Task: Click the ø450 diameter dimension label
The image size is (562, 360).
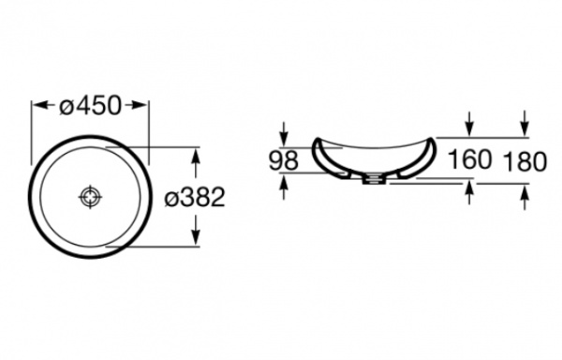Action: (90, 106)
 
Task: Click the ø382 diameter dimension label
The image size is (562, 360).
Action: (195, 197)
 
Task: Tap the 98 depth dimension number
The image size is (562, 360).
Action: (284, 160)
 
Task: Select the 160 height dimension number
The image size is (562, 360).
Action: (469, 159)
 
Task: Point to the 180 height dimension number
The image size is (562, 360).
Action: (525, 161)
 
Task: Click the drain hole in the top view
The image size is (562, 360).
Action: (90, 197)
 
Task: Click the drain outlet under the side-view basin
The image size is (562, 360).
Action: (374, 179)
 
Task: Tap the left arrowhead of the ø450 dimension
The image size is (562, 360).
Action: (40, 105)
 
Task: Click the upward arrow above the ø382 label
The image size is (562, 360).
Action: (196, 163)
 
